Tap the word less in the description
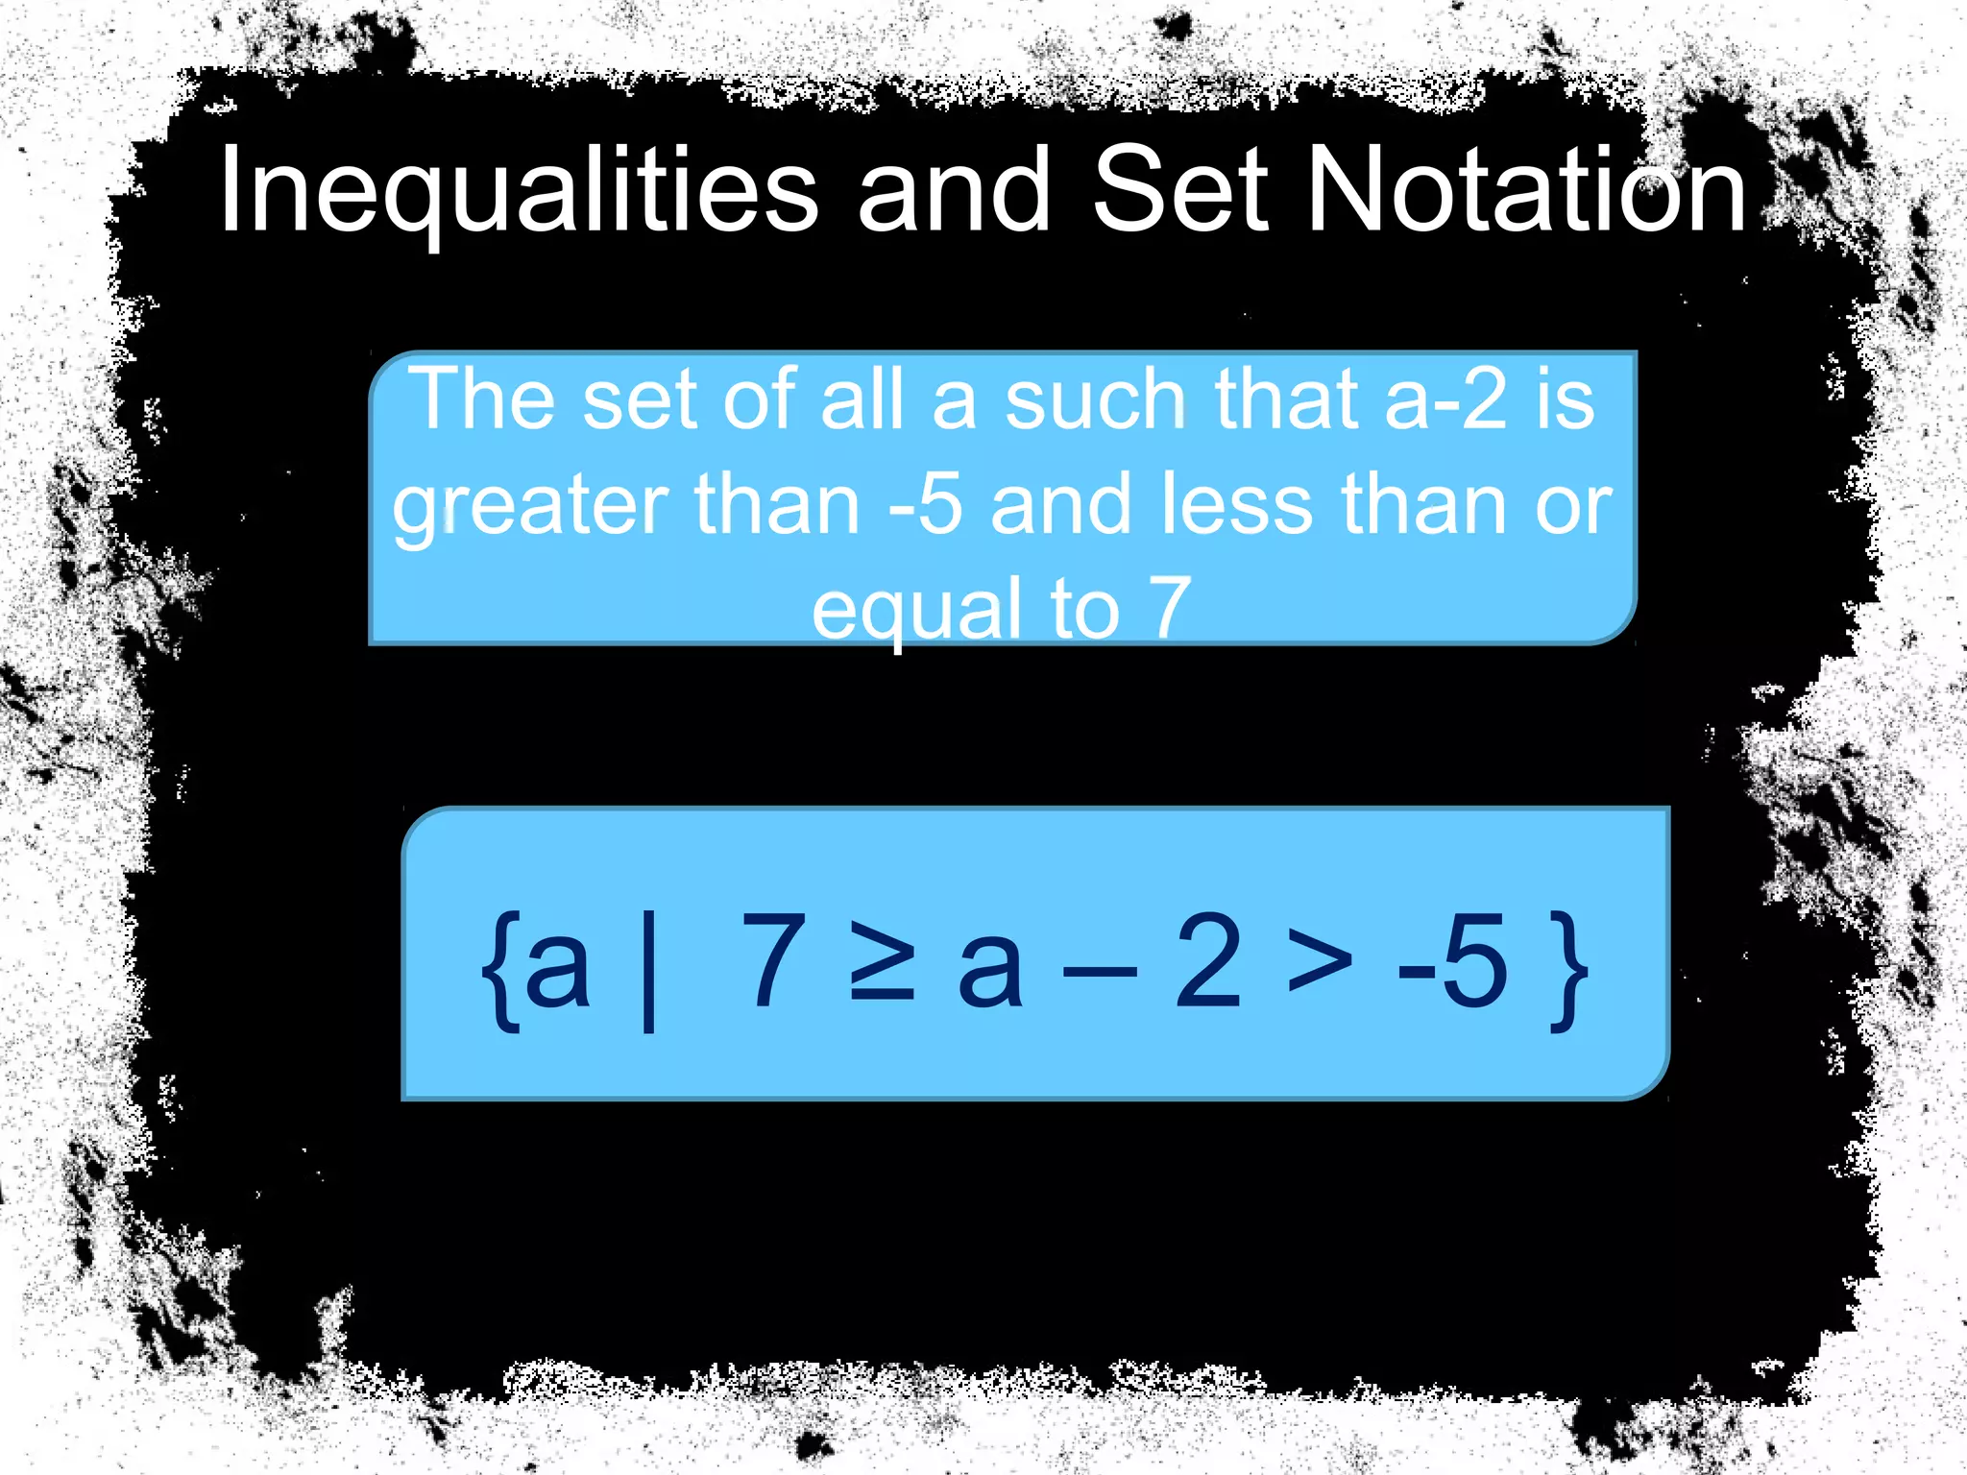click(x=1237, y=505)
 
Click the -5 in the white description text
click(x=925, y=505)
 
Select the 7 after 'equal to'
click(x=1170, y=608)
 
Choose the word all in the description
click(x=862, y=399)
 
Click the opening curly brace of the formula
click(x=501, y=970)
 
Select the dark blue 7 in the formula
click(x=772, y=960)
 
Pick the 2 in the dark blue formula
click(x=1208, y=960)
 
